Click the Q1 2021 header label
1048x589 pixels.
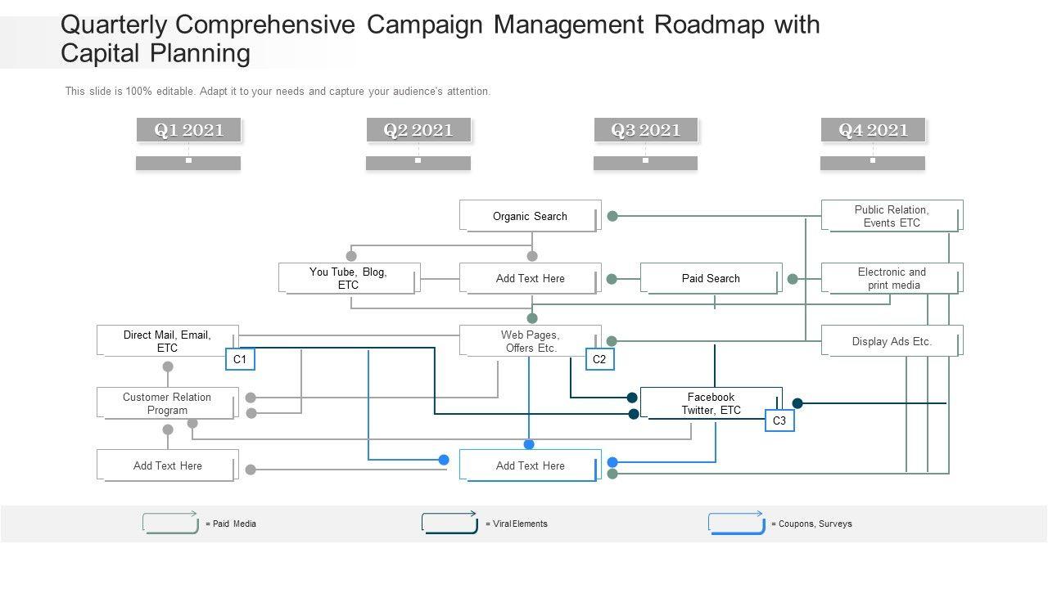[x=188, y=130]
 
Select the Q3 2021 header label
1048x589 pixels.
[x=645, y=130]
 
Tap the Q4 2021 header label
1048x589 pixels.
[x=873, y=130]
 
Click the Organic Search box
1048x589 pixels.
[x=530, y=216]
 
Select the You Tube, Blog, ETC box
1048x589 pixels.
[x=349, y=278]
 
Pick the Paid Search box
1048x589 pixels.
[x=711, y=278]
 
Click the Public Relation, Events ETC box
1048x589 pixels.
[x=892, y=216]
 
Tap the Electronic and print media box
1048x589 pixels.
[x=892, y=278]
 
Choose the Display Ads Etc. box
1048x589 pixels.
[x=892, y=341]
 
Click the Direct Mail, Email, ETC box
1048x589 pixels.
[x=167, y=340]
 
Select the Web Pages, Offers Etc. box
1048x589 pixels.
[x=530, y=340]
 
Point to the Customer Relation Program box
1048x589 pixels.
[x=167, y=403]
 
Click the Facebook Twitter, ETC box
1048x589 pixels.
[x=711, y=403]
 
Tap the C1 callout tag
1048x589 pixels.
[x=240, y=359]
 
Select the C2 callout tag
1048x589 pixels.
[x=599, y=359]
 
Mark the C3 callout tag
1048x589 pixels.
[x=779, y=420]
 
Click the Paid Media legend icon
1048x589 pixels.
[x=170, y=523]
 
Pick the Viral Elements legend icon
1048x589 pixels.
[x=449, y=523]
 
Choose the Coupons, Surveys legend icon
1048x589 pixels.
[x=736, y=523]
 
